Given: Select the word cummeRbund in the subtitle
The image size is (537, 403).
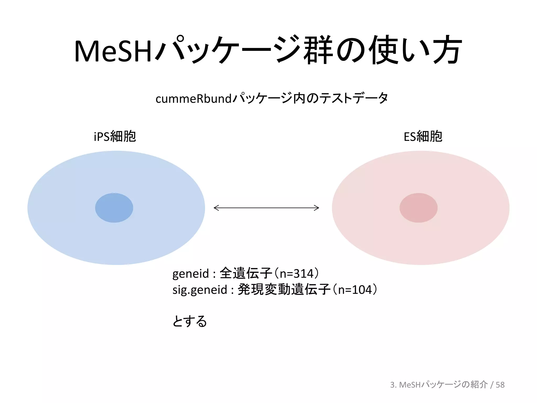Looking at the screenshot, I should (193, 99).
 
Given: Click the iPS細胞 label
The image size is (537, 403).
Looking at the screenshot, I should (115, 136).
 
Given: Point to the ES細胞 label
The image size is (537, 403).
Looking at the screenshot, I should (423, 136).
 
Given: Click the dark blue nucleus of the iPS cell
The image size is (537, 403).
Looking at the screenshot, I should (114, 208).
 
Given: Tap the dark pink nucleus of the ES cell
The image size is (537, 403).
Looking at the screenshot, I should (418, 208).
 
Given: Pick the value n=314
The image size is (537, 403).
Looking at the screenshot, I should (297, 274).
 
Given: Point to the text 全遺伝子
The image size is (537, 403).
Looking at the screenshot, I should (246, 273).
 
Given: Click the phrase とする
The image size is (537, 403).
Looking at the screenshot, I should (190, 321).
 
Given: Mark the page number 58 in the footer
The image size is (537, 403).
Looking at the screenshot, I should (500, 385).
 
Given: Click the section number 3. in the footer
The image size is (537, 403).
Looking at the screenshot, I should (393, 385).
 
